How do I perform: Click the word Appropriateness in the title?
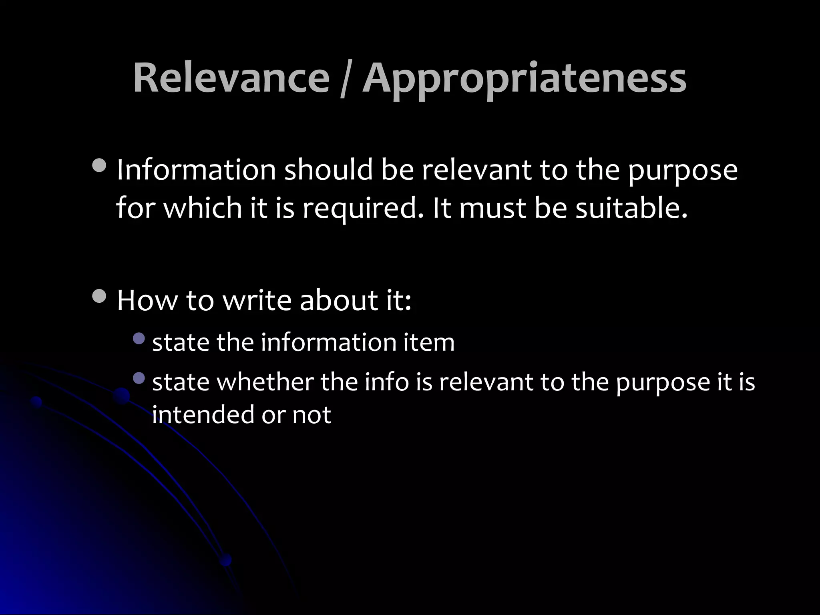tap(525, 80)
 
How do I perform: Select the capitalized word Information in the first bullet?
tap(196, 170)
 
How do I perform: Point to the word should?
tap(328, 170)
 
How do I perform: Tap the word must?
tap(492, 209)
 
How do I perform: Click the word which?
tap(203, 208)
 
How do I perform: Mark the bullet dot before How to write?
tap(99, 296)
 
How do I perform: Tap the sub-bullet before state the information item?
tap(139, 339)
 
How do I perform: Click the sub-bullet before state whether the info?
tap(139, 378)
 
